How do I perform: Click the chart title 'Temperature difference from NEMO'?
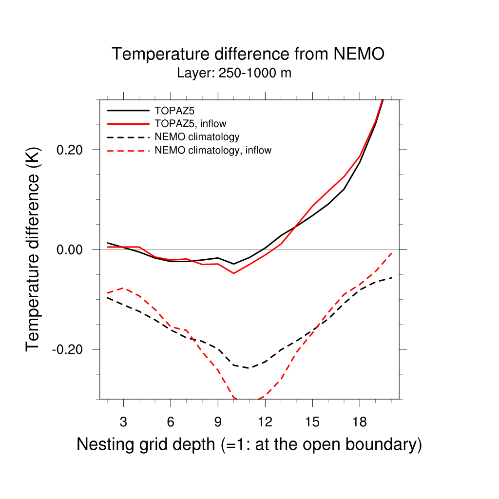pos(248,54)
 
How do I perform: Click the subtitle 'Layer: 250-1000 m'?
pos(234,74)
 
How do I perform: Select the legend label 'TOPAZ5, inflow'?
pos(190,123)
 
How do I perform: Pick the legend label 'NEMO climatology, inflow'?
pos(212,151)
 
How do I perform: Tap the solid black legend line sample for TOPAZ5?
pos(127,110)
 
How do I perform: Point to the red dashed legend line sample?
pos(127,151)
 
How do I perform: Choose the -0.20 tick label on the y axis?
pos(69,349)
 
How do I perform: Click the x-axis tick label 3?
pos(123,422)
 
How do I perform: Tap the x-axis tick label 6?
pos(171,422)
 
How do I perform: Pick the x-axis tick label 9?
pos(218,422)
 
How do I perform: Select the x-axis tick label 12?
pos(265,422)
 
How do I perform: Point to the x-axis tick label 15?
pos(312,422)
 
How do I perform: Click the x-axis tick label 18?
pos(360,422)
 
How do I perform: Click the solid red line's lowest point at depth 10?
pos(234,273)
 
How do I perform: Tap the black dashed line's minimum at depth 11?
pos(249,368)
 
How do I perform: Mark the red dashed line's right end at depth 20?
pos(391,253)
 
